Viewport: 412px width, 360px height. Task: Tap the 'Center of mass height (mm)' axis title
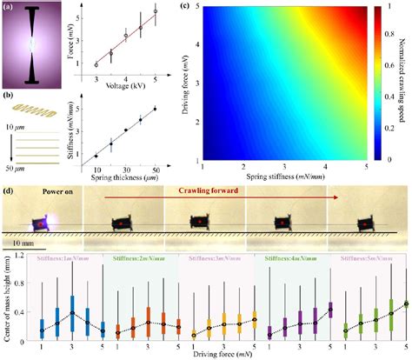pyautogui.click(x=8, y=300)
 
